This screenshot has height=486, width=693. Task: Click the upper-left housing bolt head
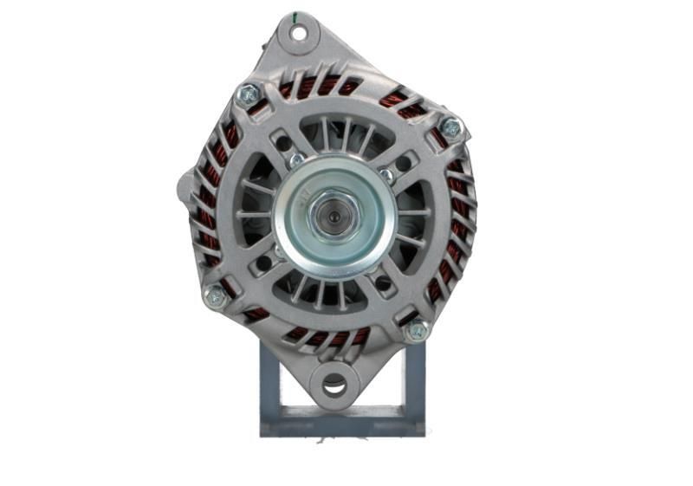[249, 93]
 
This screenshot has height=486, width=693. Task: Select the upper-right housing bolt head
[450, 127]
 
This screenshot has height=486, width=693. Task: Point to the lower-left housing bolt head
[215, 296]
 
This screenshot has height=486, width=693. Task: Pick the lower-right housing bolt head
[418, 329]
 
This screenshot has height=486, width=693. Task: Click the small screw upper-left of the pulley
[296, 160]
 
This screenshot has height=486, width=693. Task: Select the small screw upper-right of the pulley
[385, 175]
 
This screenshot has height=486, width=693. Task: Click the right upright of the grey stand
[414, 381]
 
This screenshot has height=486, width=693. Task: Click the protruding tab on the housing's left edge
[185, 185]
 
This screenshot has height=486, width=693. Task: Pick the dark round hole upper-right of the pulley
[404, 162]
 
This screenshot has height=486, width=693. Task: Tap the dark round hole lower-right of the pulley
[382, 282]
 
